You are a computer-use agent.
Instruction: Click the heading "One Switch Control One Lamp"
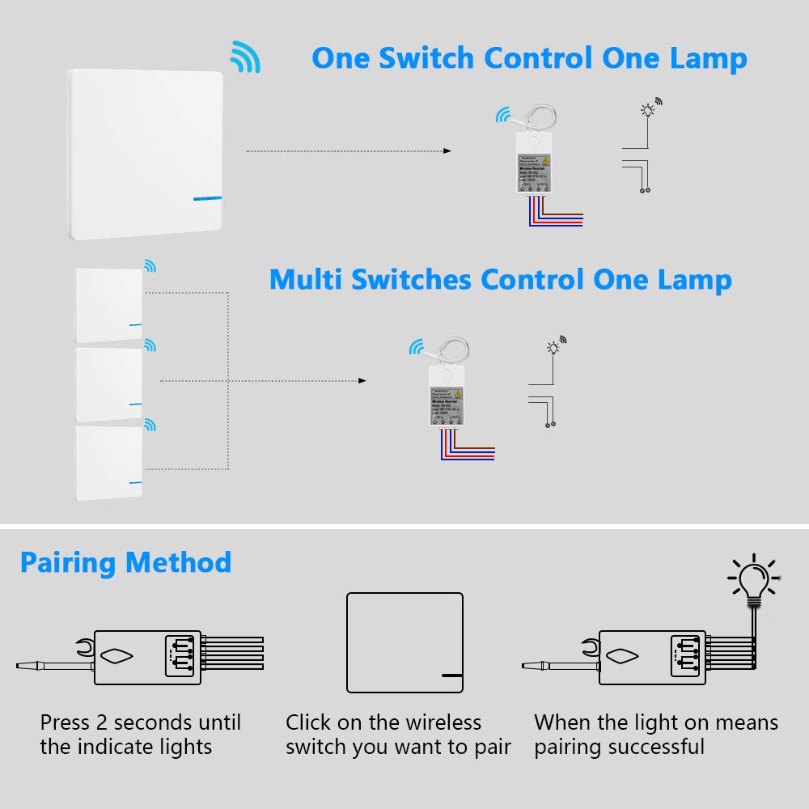pos(529,59)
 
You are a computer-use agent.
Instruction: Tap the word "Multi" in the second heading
pos(306,280)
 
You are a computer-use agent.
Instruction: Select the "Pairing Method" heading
pos(125,562)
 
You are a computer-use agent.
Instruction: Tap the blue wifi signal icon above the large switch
pos(244,57)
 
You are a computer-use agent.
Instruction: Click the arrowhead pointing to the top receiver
pos(447,151)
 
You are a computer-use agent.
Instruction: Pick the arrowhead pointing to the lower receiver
pos(362,380)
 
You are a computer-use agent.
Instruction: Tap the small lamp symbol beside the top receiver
pos(647,111)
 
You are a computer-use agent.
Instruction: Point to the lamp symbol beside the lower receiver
pos(553,349)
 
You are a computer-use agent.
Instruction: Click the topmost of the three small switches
pos(108,305)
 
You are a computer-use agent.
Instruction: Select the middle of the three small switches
pos(108,384)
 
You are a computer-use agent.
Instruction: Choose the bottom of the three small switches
pos(108,463)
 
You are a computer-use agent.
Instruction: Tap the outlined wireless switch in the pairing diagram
pos(404,642)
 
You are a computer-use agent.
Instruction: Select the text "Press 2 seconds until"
pos(141,722)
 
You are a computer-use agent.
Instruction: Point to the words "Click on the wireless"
pos(383,722)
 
